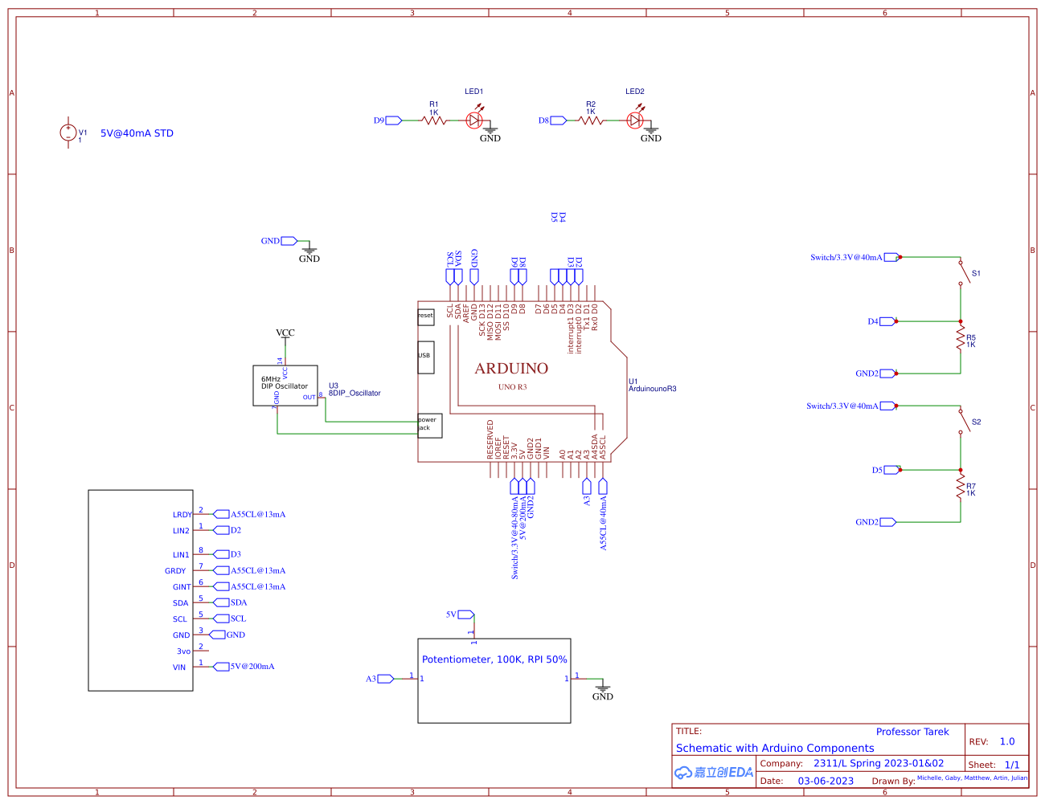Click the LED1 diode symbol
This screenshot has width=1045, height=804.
tap(474, 120)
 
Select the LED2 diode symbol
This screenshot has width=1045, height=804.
tap(635, 120)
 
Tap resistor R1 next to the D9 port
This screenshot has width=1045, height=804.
tap(434, 120)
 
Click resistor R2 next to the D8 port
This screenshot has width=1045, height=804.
tap(591, 120)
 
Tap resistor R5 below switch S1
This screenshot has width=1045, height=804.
tap(961, 339)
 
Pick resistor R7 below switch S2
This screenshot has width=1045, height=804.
tap(961, 488)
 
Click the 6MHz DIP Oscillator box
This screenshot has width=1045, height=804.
tap(285, 386)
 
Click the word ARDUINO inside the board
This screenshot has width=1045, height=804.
tap(511, 369)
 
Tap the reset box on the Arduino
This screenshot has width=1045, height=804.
tap(425, 316)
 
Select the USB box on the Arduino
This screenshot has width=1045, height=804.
tap(425, 357)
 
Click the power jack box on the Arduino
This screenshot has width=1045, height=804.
tap(429, 425)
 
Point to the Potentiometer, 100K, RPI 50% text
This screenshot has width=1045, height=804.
tap(494, 659)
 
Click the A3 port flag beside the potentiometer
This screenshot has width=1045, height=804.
tap(384, 679)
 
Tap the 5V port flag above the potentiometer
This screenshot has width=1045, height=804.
tap(465, 614)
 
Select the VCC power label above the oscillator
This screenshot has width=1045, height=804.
tap(285, 333)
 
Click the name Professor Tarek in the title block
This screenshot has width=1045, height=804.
tap(912, 732)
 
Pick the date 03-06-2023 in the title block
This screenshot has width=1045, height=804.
tap(826, 781)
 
